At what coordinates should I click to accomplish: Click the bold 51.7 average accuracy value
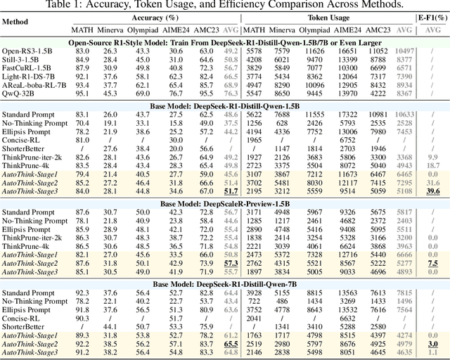pyautogui.click(x=229, y=191)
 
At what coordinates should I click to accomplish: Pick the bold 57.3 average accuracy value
pyautogui.click(x=229, y=263)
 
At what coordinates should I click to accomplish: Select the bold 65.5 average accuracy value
pyautogui.click(x=229, y=345)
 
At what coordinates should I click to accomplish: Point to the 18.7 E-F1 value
pyautogui.click(x=432, y=165)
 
